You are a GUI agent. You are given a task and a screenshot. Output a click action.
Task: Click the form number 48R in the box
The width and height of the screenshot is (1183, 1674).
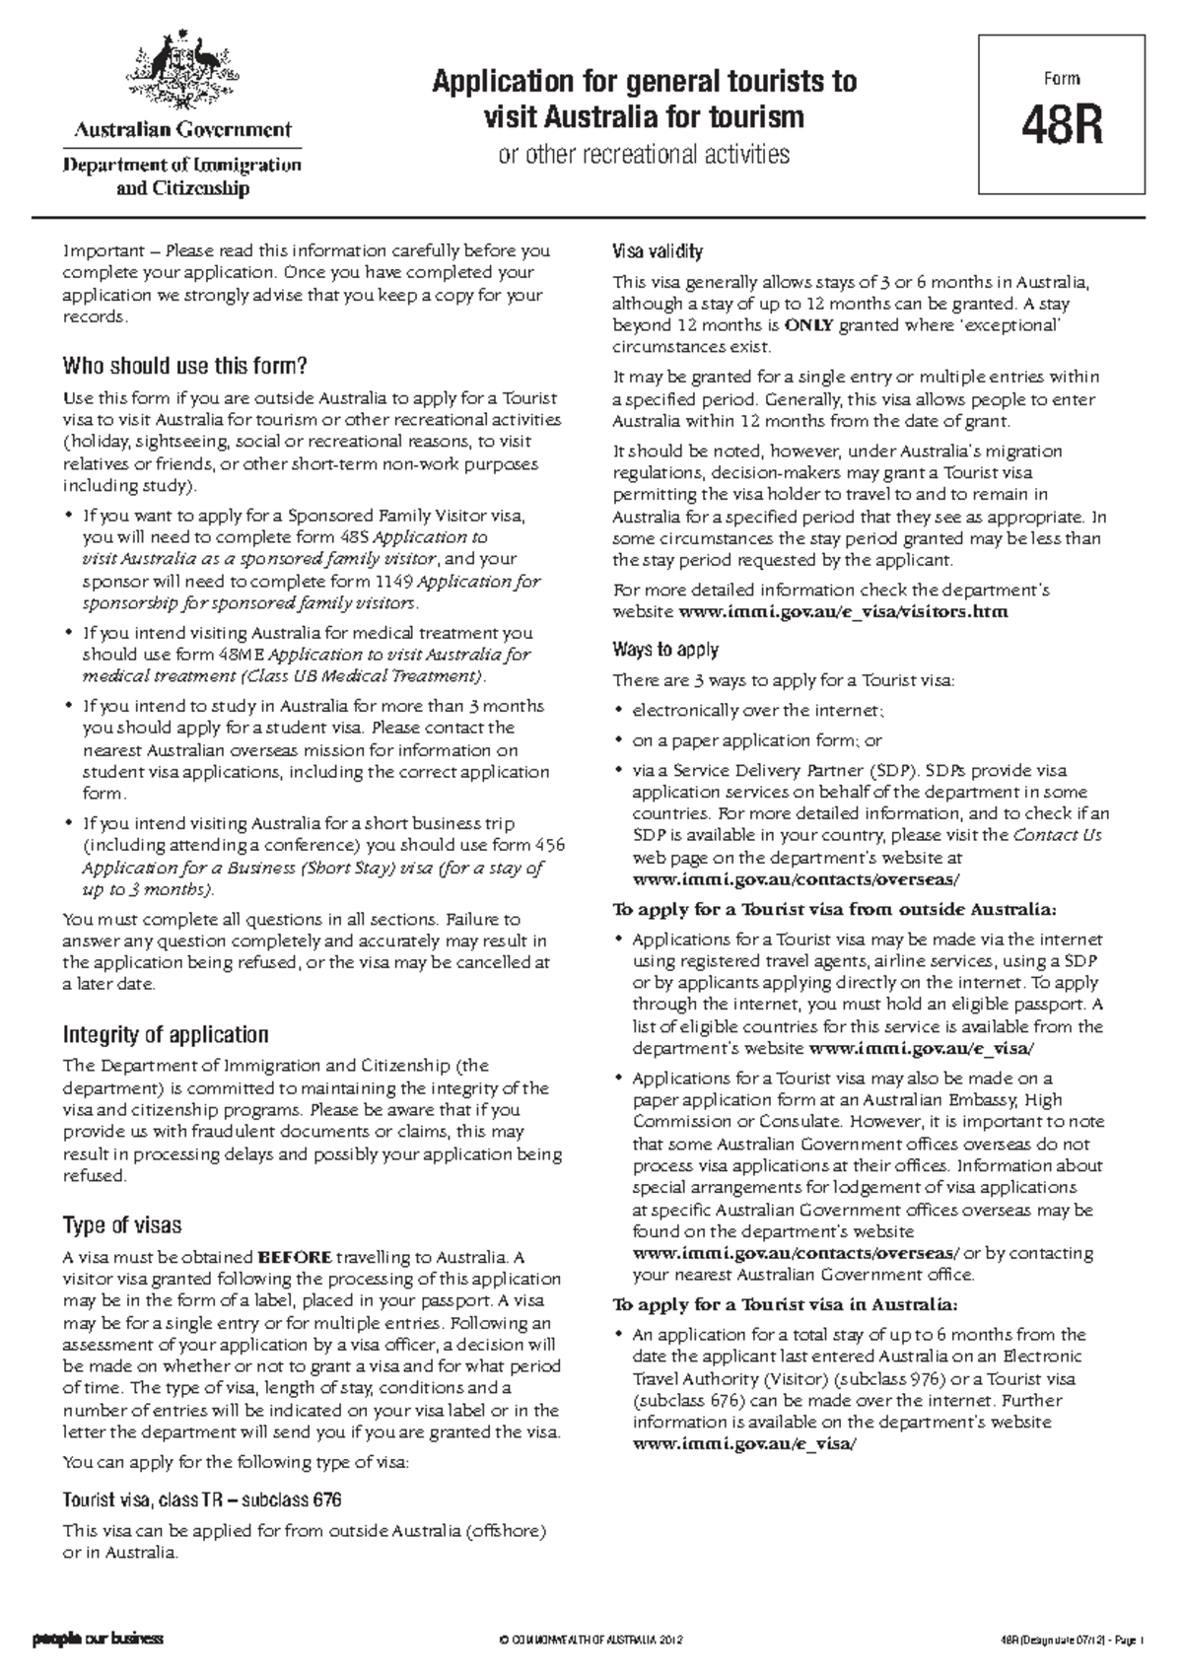tap(1062, 126)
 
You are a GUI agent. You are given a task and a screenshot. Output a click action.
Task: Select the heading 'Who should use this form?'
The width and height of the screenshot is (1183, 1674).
tap(185, 367)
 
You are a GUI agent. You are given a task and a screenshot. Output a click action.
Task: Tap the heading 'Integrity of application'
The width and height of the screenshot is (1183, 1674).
tap(166, 1034)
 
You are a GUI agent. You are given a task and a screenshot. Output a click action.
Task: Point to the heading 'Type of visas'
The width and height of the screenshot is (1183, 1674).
tap(122, 1225)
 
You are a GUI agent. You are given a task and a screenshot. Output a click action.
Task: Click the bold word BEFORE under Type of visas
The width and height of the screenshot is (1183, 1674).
tap(295, 1257)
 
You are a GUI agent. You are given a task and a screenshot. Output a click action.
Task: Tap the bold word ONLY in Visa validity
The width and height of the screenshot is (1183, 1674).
tap(808, 325)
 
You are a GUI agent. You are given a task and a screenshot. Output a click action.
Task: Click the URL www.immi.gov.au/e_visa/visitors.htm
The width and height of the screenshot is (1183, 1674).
tap(845, 612)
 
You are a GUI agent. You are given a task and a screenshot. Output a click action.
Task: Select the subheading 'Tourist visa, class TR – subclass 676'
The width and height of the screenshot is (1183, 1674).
tap(202, 1500)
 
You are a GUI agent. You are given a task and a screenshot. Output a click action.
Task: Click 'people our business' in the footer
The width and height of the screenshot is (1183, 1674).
tap(98, 1640)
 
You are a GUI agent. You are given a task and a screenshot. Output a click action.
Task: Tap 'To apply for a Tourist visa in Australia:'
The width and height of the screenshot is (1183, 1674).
tap(785, 1304)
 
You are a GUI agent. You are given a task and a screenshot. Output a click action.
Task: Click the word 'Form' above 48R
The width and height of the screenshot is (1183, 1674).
tap(1062, 79)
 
